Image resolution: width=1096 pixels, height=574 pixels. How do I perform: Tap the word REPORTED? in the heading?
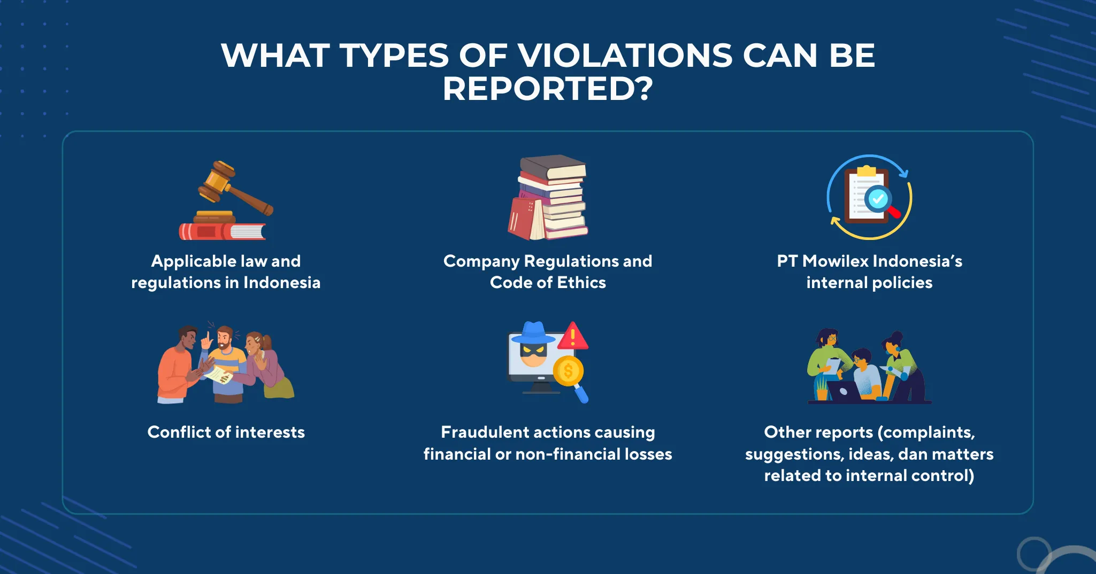point(548,88)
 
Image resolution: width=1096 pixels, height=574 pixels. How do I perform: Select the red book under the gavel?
point(222,231)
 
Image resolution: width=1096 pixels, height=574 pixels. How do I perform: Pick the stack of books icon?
point(548,197)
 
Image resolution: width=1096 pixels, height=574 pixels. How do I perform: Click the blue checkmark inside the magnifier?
point(877,199)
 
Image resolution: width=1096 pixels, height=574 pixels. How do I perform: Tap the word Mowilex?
point(835,261)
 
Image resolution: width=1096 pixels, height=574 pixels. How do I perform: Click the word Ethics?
point(581,282)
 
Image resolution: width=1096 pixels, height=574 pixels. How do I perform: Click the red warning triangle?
point(573,336)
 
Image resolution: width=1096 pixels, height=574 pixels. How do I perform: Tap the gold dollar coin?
point(568,370)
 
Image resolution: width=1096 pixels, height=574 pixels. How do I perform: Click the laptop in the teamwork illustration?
point(844,391)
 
